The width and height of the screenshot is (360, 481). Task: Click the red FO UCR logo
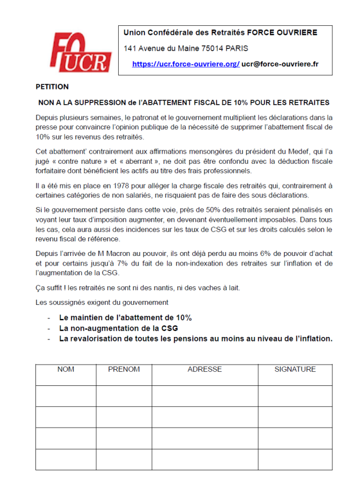pyautogui.click(x=79, y=52)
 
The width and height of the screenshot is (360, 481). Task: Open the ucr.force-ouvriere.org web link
pyautogui.click(x=186, y=64)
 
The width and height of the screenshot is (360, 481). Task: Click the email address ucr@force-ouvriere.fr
pyautogui.click(x=280, y=64)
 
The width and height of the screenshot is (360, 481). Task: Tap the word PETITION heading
pyautogui.click(x=52, y=87)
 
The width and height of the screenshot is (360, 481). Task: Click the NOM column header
pyautogui.click(x=66, y=370)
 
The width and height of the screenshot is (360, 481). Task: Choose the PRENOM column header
pyautogui.click(x=124, y=370)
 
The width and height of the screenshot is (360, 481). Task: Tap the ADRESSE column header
pyautogui.click(x=204, y=370)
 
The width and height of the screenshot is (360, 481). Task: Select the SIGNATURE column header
pyautogui.click(x=295, y=370)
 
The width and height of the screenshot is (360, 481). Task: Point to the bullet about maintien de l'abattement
pyautogui.click(x=125, y=317)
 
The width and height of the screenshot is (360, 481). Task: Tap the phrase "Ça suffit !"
pyautogui.click(x=52, y=288)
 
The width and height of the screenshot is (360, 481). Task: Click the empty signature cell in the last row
pyautogui.click(x=295, y=459)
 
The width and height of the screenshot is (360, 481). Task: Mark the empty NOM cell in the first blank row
pyautogui.click(x=66, y=395)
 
